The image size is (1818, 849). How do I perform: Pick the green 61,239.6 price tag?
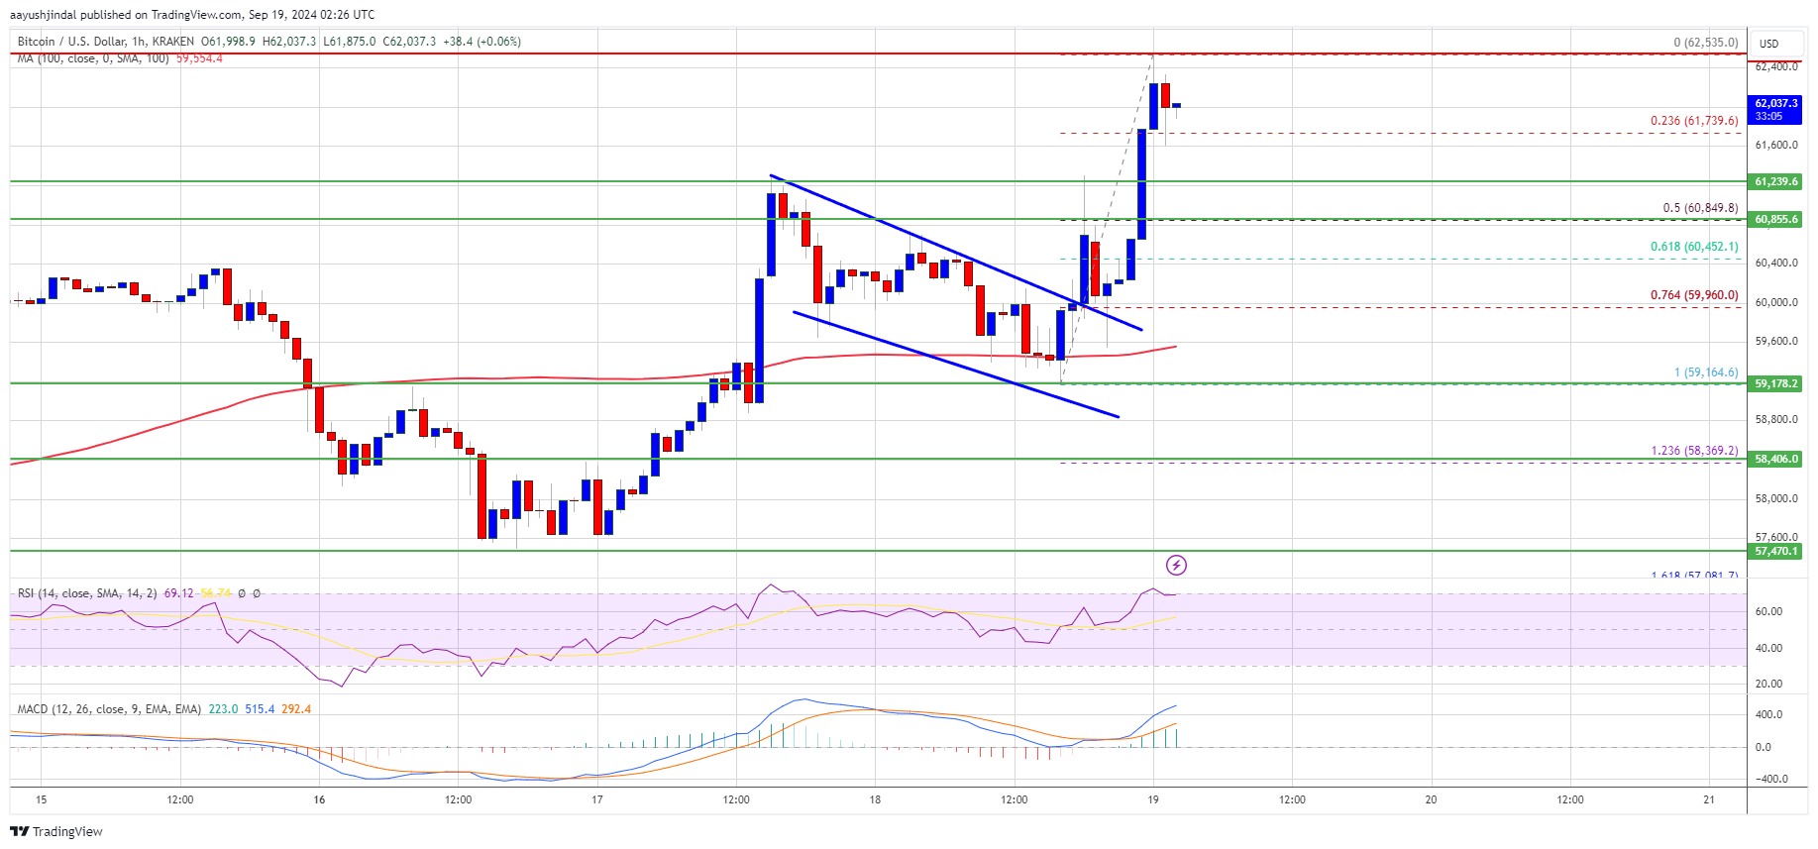click(1775, 181)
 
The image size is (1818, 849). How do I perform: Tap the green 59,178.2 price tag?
click(1775, 383)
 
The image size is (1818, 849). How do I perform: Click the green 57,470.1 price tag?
click(1775, 551)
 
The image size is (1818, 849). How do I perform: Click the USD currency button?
click(1769, 44)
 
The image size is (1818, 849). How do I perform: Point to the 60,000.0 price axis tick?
click(1775, 302)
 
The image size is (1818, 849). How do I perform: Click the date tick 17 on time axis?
click(596, 799)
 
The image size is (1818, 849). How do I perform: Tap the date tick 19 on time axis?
click(1153, 799)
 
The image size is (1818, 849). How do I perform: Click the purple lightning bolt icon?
click(1176, 566)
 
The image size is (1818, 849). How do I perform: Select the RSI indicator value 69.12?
click(178, 593)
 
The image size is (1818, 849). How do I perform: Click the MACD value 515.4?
click(260, 709)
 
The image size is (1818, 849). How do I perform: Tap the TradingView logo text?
click(57, 831)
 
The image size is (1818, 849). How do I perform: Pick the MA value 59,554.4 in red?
click(199, 58)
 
